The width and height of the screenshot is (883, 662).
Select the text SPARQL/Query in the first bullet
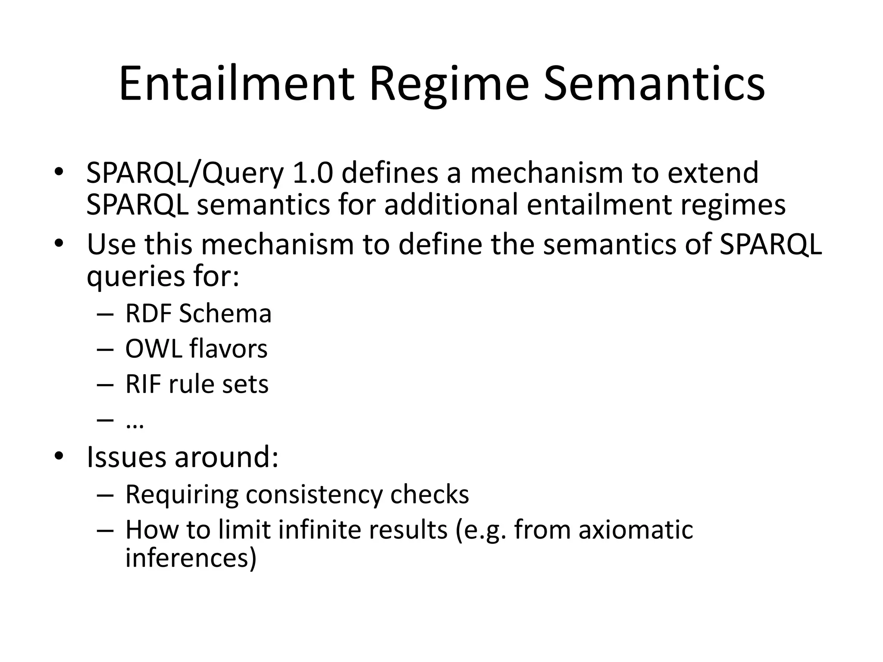point(185,173)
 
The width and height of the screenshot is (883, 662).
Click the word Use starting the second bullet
point(111,244)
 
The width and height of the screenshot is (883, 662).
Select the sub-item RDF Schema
point(198,313)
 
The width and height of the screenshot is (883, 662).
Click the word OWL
point(153,349)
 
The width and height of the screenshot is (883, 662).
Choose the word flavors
point(229,349)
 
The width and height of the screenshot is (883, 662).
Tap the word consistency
point(314,494)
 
